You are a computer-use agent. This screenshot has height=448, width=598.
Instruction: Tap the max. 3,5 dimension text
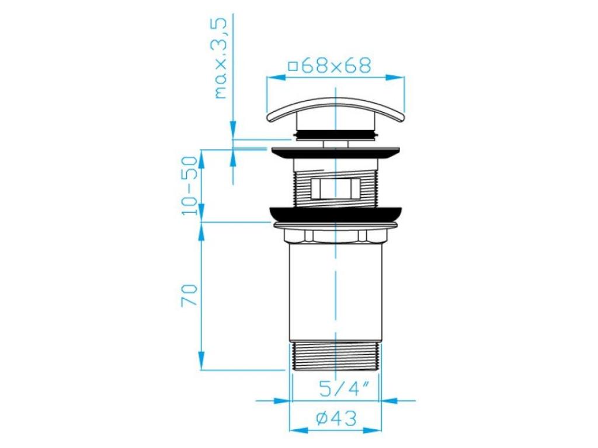[x=221, y=58]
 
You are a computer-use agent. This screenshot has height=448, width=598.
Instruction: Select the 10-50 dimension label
[x=190, y=185]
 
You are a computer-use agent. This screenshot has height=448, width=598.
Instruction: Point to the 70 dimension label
[x=190, y=295]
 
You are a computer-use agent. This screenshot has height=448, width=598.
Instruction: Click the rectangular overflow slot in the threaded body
[x=336, y=188]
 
